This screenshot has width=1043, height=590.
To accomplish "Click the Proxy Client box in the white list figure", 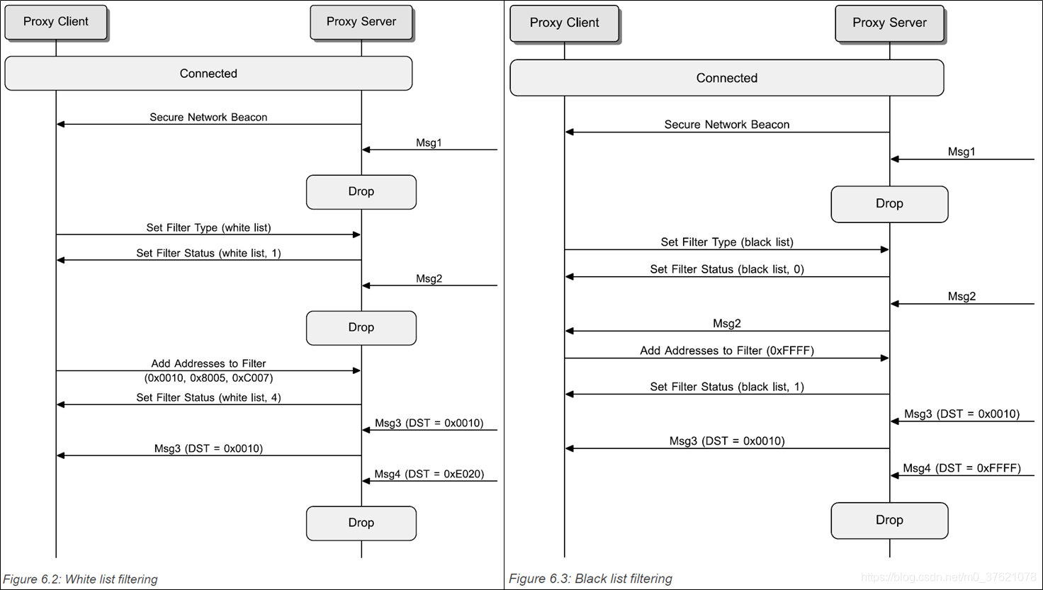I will (x=56, y=22).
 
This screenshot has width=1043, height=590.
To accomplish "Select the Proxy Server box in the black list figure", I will (x=889, y=23).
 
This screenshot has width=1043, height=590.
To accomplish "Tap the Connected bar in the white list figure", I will (x=208, y=74).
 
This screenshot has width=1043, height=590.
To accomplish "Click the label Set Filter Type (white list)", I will (x=208, y=227).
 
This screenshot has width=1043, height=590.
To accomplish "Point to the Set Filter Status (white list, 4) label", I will (x=208, y=397).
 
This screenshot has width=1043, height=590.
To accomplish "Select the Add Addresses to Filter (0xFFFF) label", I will (x=727, y=351).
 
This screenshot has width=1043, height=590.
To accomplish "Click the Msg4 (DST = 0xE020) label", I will (x=429, y=474).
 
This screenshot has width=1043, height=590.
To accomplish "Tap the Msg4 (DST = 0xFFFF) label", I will (x=962, y=468).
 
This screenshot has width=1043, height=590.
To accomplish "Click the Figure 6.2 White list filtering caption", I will (x=80, y=579).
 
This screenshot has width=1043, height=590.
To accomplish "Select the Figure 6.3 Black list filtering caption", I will (x=590, y=579).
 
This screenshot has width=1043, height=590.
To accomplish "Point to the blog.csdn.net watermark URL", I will (x=949, y=577).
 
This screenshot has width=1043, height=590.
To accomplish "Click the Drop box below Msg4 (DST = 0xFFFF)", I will (x=889, y=520).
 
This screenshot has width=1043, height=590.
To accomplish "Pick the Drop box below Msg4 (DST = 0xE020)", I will (x=361, y=523).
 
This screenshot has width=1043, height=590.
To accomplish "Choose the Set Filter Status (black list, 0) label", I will (x=727, y=269).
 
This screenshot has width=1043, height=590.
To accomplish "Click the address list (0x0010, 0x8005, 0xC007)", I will (x=208, y=378).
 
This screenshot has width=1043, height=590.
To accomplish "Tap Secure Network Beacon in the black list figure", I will (x=727, y=125).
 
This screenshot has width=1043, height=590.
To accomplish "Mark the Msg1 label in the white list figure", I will (x=429, y=142).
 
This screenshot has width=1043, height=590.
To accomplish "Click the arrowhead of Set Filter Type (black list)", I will (x=885, y=249).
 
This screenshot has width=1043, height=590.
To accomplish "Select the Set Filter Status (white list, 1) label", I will (x=208, y=253).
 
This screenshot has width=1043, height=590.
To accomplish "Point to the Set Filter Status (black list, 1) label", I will (x=727, y=387).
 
